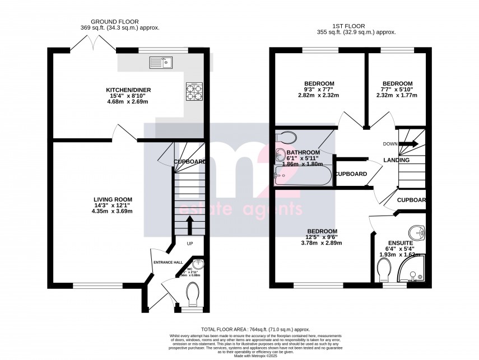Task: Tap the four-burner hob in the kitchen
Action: click(193, 92)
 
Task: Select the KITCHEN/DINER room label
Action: click(129, 90)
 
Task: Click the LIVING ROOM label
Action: click(113, 199)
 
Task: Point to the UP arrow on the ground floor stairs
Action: click(189, 226)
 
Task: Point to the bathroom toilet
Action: click(287, 137)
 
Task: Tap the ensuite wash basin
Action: click(417, 232)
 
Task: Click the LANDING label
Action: click(396, 160)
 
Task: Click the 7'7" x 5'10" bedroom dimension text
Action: click(397, 90)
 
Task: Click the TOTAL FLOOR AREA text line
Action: click(255, 329)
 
